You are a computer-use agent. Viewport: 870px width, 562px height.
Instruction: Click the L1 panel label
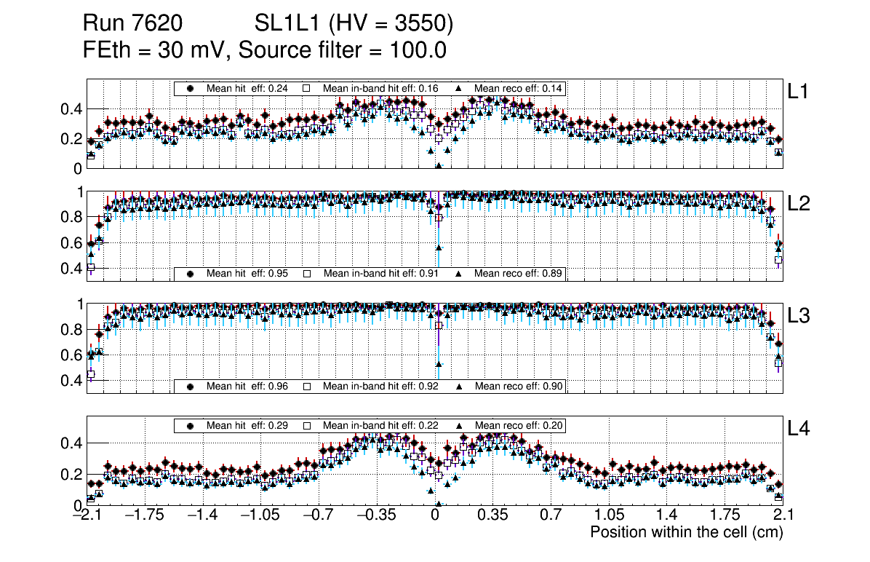(x=799, y=92)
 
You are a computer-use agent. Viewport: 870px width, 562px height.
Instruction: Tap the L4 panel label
(x=799, y=430)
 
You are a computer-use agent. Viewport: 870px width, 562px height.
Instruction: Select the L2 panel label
(x=799, y=204)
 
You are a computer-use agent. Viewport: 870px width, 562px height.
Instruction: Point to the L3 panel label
(x=799, y=317)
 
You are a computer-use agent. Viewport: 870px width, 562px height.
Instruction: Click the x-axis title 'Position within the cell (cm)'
(x=686, y=532)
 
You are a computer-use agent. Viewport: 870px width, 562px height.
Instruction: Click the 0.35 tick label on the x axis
(x=492, y=515)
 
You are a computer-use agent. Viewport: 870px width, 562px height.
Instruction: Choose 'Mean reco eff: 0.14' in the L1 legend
(x=519, y=88)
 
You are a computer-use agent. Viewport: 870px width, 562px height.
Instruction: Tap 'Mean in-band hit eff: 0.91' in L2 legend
(x=380, y=274)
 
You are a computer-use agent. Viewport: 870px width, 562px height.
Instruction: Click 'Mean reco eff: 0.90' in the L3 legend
(x=519, y=386)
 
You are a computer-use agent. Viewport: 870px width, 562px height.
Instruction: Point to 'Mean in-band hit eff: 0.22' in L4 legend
(x=380, y=425)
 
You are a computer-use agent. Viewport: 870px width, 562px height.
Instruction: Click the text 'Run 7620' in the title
(x=132, y=25)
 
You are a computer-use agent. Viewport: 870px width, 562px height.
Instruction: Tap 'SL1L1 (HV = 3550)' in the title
(x=354, y=25)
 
